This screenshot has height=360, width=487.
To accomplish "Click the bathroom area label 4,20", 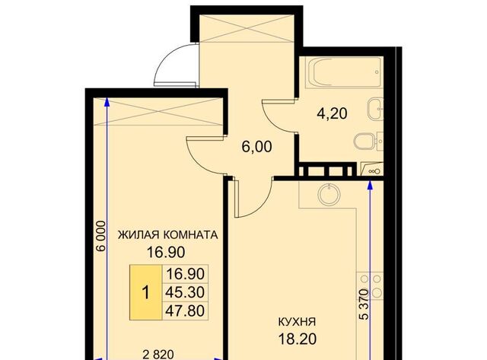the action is (332, 113).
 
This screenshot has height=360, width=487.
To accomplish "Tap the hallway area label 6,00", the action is (257, 147).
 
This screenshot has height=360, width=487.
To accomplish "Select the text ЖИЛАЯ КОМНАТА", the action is (167, 235).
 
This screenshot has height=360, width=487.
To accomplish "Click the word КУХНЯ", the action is (297, 322).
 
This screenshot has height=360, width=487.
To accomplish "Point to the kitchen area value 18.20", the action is (298, 339).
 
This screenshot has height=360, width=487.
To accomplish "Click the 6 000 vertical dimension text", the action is (100, 236).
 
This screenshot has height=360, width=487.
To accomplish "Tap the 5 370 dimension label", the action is (364, 304).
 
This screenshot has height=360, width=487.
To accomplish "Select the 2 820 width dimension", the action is (158, 355).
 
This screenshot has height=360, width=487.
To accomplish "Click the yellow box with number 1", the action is (145, 292).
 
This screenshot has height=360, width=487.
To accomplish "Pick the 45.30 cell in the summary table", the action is (185, 292).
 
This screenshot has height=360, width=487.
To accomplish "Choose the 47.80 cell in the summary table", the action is (185, 311).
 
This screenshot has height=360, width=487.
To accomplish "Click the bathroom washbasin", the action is (375, 108).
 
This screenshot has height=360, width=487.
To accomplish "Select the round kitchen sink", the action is (329, 195).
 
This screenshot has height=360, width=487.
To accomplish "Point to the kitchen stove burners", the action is (370, 284).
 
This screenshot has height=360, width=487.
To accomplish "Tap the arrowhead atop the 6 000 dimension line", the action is (107, 101).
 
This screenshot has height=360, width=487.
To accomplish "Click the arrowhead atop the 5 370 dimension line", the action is (370, 185).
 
